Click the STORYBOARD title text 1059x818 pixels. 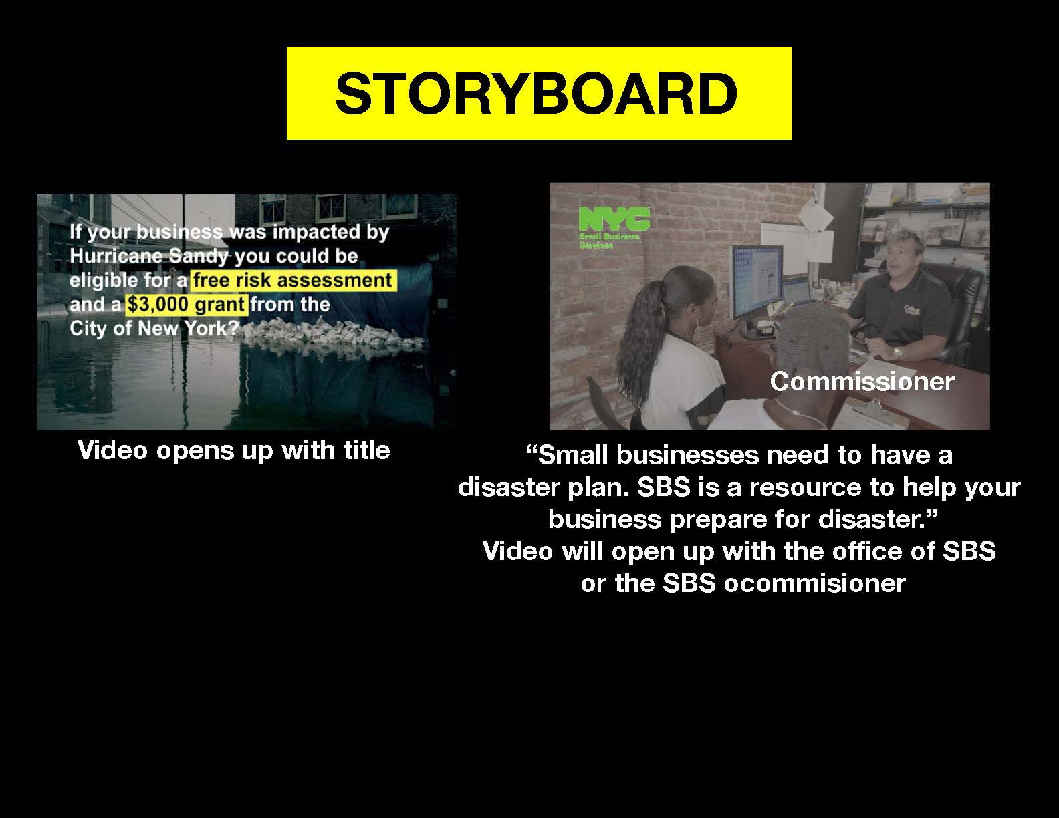[536, 93]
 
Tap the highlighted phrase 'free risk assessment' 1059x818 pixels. [292, 281]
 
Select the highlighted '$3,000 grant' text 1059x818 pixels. [186, 305]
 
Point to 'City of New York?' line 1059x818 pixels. [154, 329]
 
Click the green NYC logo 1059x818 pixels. [614, 219]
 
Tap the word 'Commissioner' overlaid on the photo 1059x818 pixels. [862, 382]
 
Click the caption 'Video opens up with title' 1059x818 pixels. [234, 450]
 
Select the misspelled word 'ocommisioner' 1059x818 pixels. [814, 583]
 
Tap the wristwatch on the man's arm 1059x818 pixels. [897, 352]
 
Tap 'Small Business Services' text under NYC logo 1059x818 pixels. [609, 241]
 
